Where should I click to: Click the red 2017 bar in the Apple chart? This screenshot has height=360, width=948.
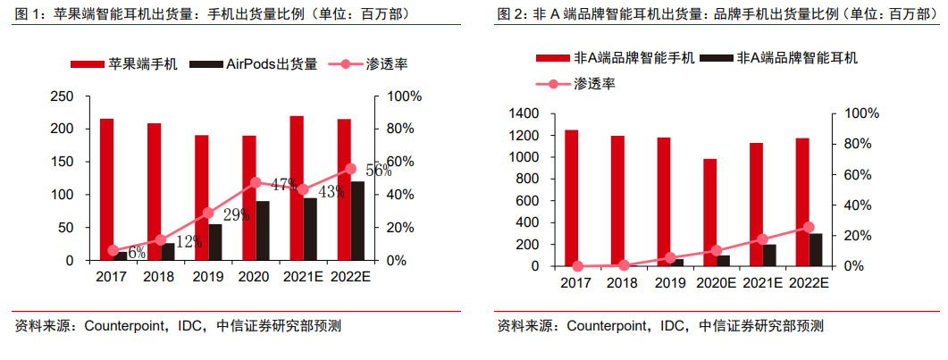[106, 188]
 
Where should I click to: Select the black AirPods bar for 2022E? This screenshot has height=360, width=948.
[357, 221]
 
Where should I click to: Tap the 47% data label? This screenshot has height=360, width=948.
[284, 185]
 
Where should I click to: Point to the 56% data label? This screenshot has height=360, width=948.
[379, 172]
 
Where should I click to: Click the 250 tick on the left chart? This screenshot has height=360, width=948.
[63, 96]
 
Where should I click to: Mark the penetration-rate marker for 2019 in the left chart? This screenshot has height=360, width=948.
[208, 213]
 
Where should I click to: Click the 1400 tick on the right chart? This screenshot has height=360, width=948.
[524, 113]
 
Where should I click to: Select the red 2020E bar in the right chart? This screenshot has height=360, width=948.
[710, 213]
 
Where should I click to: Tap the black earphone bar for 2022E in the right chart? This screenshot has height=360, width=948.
[815, 249]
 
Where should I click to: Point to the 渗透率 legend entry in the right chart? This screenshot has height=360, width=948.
[594, 83]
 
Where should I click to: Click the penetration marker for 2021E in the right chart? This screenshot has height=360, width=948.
[762, 239]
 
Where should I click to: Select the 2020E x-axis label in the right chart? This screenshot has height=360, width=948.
[717, 283]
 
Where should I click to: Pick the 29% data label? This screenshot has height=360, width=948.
[237, 215]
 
